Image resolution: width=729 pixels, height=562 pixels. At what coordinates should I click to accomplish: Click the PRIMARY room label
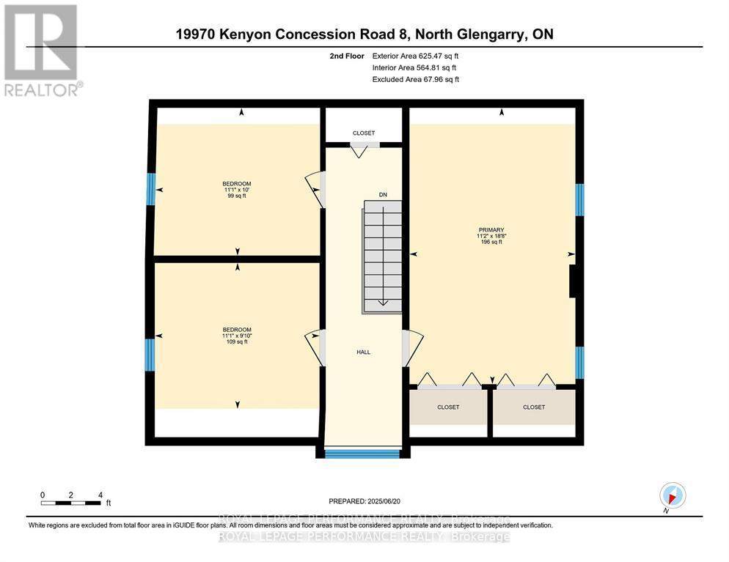pyautogui.click(x=491, y=229)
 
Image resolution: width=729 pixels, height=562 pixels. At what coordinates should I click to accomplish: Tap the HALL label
pyautogui.click(x=363, y=352)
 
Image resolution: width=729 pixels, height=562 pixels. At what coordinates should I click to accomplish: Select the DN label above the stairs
pyautogui.click(x=382, y=195)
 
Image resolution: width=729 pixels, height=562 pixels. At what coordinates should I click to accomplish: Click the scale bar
pyautogui.click(x=71, y=503)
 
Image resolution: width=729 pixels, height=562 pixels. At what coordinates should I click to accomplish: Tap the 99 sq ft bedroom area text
pyautogui.click(x=237, y=196)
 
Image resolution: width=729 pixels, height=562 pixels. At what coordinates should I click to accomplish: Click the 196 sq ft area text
pyautogui.click(x=491, y=242)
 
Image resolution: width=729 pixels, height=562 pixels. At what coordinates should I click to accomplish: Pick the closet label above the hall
pyautogui.click(x=363, y=133)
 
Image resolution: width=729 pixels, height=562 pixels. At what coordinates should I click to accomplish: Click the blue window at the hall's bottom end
pyautogui.click(x=362, y=454)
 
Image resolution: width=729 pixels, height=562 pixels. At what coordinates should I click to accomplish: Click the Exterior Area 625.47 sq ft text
pyautogui.click(x=416, y=56)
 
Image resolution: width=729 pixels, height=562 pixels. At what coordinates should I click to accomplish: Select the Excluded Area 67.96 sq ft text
pyautogui.click(x=416, y=79)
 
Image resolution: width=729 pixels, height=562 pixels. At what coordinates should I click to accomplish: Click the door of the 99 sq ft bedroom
pyautogui.click(x=314, y=188)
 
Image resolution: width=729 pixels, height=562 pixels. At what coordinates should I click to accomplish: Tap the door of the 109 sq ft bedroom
pyautogui.click(x=314, y=344)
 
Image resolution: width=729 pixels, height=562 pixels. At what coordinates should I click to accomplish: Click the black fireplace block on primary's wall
pyautogui.click(x=575, y=281)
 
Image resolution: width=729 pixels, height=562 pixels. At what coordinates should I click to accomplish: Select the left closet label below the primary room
pyautogui.click(x=447, y=407)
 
